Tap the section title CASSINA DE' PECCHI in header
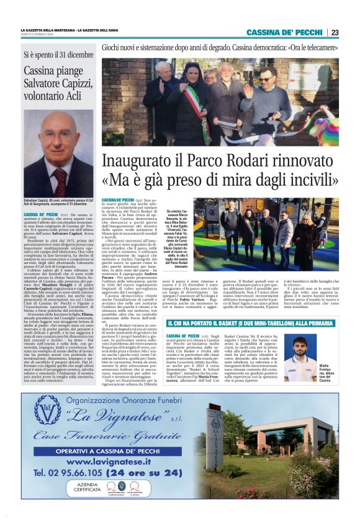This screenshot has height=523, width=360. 284,32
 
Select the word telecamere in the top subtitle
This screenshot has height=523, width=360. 322,47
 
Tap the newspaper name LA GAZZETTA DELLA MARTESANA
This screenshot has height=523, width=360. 47,30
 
